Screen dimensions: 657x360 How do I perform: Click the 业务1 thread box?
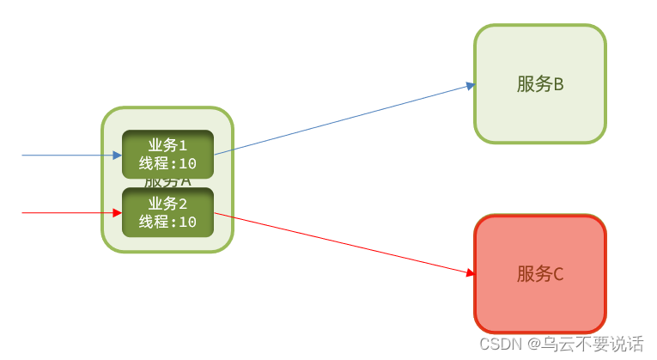click(167, 154)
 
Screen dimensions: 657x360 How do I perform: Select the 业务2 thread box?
click(167, 212)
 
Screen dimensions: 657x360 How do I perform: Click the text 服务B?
click(540, 84)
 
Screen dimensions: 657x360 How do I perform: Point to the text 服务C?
click(540, 274)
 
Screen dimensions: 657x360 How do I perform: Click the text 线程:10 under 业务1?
click(167, 164)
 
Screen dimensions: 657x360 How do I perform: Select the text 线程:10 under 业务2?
click(167, 222)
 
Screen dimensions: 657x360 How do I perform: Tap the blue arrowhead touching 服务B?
click(471, 85)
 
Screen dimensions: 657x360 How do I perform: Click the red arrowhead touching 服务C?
click(471, 273)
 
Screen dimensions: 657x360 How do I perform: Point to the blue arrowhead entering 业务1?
click(118, 156)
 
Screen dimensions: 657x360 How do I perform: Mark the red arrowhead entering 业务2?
click(118, 212)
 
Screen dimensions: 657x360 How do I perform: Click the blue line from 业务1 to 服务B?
click(344, 119)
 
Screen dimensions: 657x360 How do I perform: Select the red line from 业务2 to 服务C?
click(344, 243)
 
